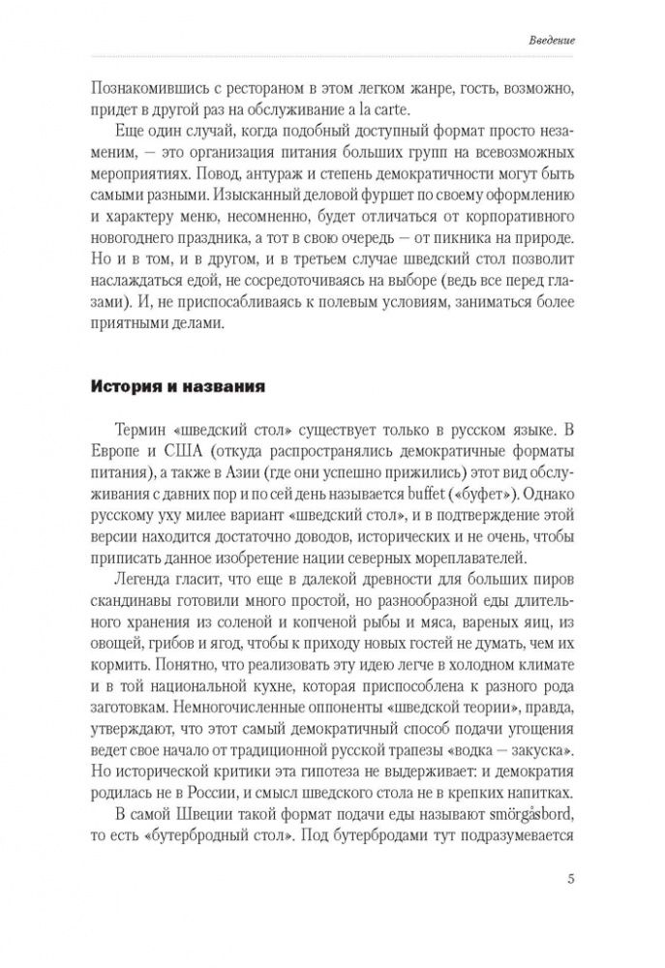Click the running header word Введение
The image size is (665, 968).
(x=554, y=42)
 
